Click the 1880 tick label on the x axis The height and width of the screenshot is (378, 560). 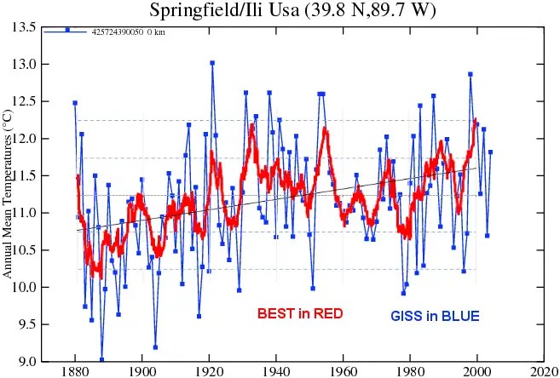[x=75, y=371]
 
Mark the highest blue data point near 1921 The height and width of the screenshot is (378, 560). [x=212, y=62]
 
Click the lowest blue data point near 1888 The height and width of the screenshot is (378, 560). [x=101, y=359]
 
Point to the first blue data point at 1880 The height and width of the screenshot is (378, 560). [x=75, y=103]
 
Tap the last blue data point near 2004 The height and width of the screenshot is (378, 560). [x=490, y=152]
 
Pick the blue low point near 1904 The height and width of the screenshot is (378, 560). [x=155, y=346]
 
